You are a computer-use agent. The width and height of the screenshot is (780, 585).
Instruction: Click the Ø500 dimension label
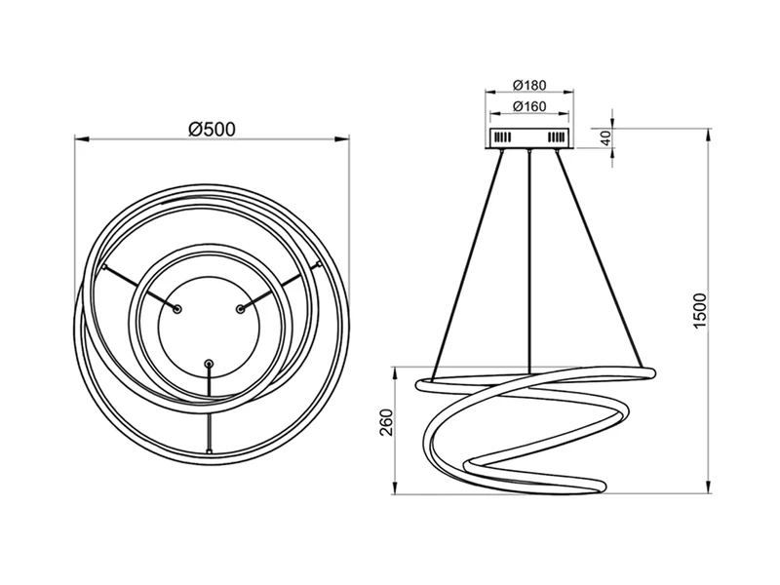pos(213,128)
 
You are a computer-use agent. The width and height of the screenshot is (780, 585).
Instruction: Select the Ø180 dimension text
pos(528,85)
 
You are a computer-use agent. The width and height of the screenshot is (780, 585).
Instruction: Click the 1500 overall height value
pos(699,310)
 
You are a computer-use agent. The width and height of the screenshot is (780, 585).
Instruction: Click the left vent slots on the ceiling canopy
pos(500,139)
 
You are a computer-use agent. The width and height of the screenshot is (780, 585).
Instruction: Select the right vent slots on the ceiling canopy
pos(557,139)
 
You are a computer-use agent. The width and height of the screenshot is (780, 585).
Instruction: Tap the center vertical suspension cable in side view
pos(528,263)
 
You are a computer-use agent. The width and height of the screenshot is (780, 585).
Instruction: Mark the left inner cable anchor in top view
pos(177,308)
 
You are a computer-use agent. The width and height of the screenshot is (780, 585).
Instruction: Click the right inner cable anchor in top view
pos(239,308)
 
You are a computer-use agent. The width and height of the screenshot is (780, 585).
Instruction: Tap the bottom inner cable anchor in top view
pos(208,364)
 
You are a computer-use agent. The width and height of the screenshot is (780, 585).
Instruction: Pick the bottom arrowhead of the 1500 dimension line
pos(708,490)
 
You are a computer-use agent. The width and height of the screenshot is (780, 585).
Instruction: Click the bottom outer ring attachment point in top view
pos(208,452)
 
